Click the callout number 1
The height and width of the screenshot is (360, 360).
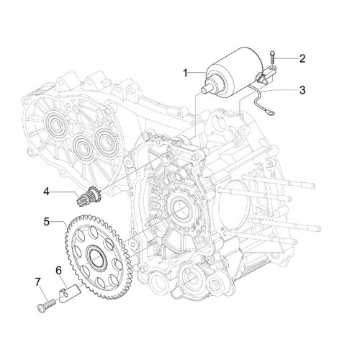185,73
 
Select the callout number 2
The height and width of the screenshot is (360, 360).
302,58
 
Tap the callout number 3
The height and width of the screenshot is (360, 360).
302,90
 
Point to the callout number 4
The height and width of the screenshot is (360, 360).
46,192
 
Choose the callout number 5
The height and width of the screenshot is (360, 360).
47,221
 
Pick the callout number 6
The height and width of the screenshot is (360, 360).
58,270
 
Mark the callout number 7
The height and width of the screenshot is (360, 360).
38,282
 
